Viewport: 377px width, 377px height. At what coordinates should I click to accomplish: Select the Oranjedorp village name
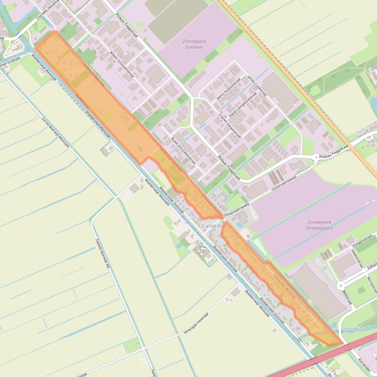click(214, 226)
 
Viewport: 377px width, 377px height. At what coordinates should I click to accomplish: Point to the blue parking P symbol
click(324, 269)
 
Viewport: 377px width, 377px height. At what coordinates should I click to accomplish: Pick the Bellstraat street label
click(348, 297)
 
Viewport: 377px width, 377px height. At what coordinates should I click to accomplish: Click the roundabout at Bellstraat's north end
click(340, 285)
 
